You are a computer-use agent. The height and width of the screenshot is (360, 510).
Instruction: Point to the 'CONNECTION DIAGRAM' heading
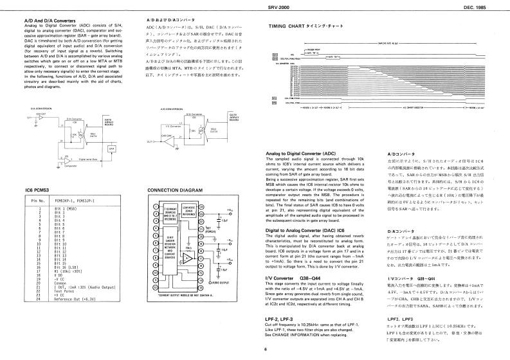175,190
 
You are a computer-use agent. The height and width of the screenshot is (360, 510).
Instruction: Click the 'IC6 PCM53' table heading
38,190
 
